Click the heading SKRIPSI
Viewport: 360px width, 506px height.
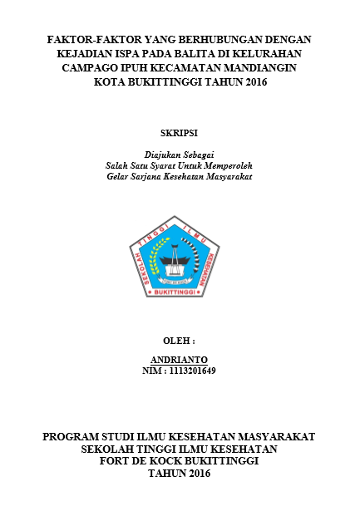179,132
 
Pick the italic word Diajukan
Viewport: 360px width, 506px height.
160,155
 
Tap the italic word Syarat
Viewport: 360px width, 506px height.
173,165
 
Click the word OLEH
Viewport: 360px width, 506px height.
176,341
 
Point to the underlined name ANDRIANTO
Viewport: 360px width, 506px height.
179,359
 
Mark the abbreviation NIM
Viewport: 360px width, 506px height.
151,370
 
